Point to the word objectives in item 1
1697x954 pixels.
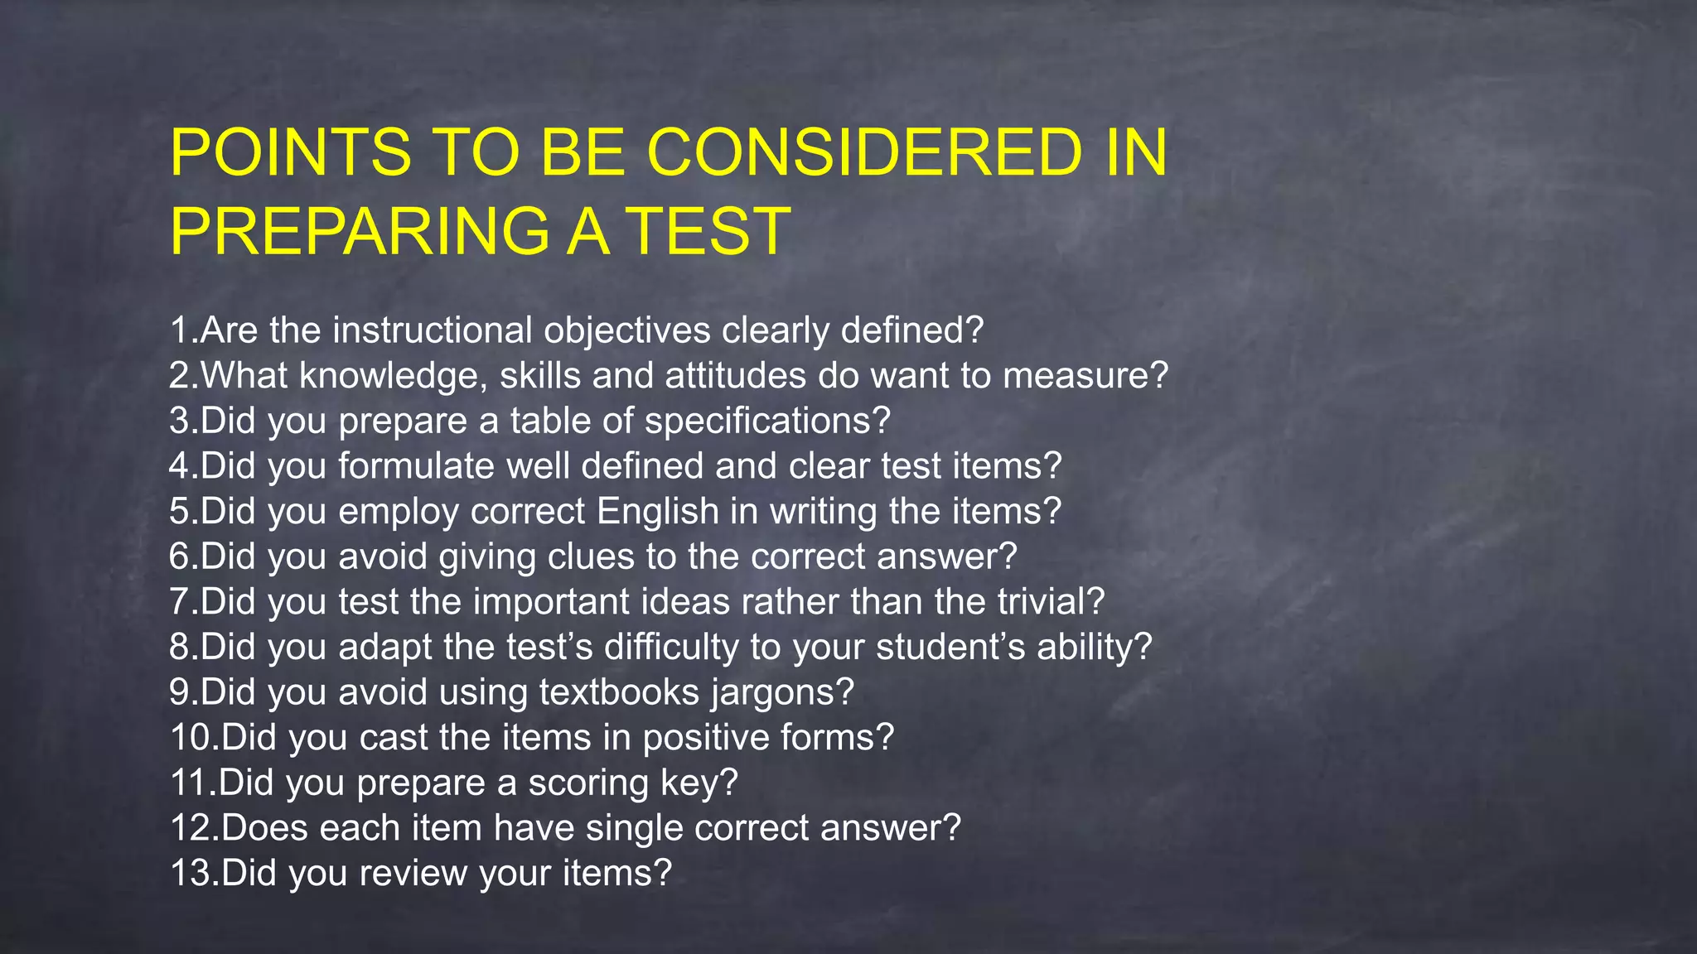coord(627,330)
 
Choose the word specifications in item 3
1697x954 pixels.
coord(767,422)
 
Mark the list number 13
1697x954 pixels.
coord(191,874)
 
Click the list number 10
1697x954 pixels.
coord(191,738)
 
